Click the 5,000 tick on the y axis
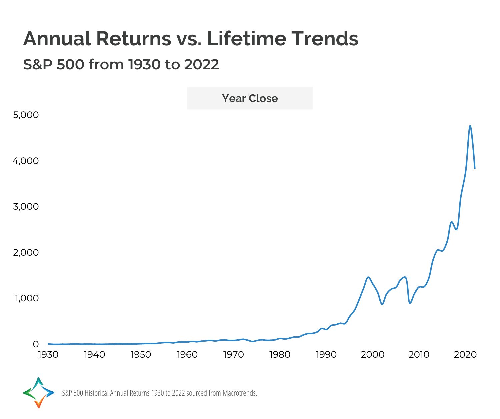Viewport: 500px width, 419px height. point(26,115)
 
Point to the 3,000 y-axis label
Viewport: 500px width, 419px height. point(26,207)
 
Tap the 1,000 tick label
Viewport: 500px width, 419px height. point(27,298)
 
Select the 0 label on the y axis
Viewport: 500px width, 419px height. point(36,344)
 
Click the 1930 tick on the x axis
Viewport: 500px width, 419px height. point(48,355)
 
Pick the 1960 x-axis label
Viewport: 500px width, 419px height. point(187,355)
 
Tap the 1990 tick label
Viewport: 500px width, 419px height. point(326,355)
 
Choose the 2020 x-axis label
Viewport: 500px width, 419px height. point(465,355)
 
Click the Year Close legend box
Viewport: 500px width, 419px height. point(250,98)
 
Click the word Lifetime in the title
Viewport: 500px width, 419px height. point(246,38)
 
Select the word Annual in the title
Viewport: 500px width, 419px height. point(57,38)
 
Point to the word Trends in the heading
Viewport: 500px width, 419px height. point(325,38)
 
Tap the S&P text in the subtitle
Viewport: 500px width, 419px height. point(38,64)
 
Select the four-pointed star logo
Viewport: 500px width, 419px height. point(39,393)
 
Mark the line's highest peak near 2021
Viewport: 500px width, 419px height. point(470,126)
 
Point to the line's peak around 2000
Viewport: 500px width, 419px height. point(368,277)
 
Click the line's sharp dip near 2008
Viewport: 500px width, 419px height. point(410,303)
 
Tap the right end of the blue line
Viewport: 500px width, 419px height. point(475,168)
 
